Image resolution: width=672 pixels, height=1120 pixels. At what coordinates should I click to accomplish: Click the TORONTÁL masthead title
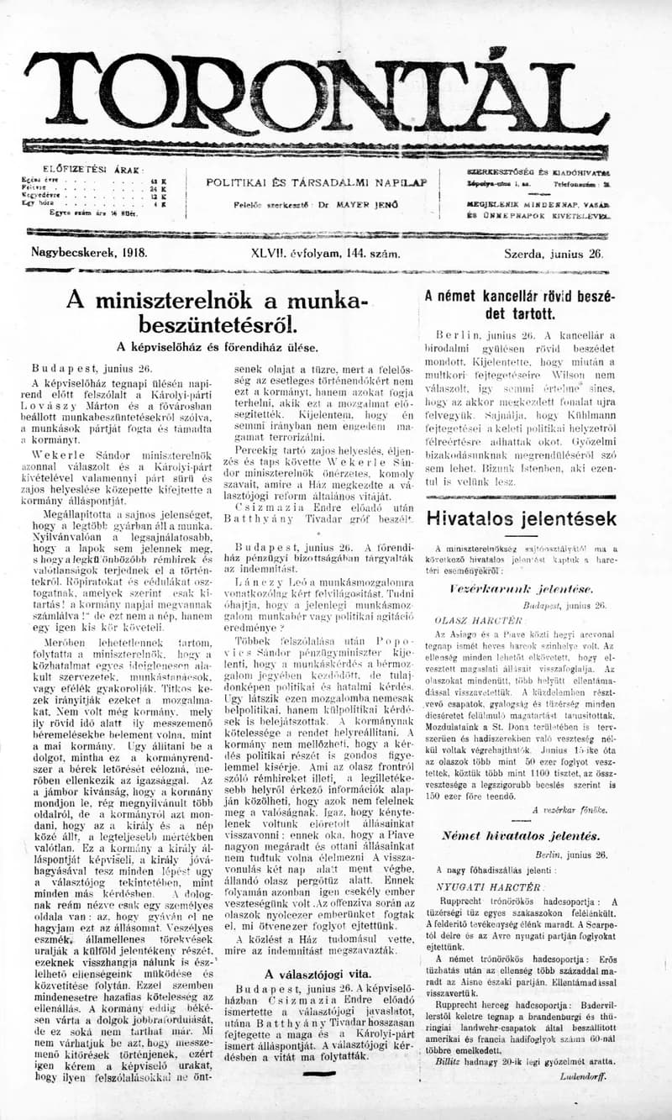(x=318, y=92)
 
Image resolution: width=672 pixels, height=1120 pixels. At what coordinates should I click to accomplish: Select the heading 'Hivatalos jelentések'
(x=521, y=518)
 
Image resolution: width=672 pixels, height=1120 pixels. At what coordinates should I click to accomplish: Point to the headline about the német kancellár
(x=520, y=304)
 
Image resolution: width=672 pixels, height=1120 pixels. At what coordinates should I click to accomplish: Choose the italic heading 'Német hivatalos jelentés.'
(x=522, y=836)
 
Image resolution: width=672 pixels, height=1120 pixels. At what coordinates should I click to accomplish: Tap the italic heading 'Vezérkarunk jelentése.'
(x=521, y=588)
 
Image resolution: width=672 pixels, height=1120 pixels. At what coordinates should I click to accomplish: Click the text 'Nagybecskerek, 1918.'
(x=89, y=251)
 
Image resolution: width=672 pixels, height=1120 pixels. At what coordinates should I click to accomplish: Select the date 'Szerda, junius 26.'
(x=554, y=251)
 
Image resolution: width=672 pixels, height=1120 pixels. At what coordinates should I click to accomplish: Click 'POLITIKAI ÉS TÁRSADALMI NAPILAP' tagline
(x=317, y=182)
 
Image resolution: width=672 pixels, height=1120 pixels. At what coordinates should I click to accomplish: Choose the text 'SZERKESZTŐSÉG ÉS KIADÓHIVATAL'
(x=538, y=171)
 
